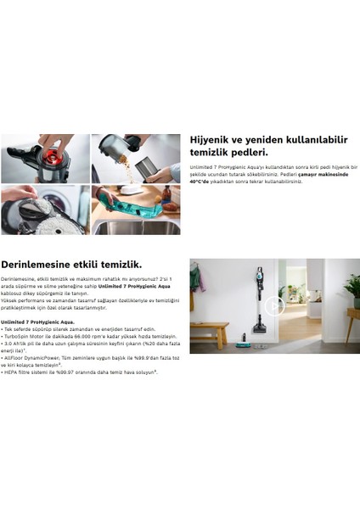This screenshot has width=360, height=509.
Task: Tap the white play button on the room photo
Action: pyautogui.click(x=272, y=307)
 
